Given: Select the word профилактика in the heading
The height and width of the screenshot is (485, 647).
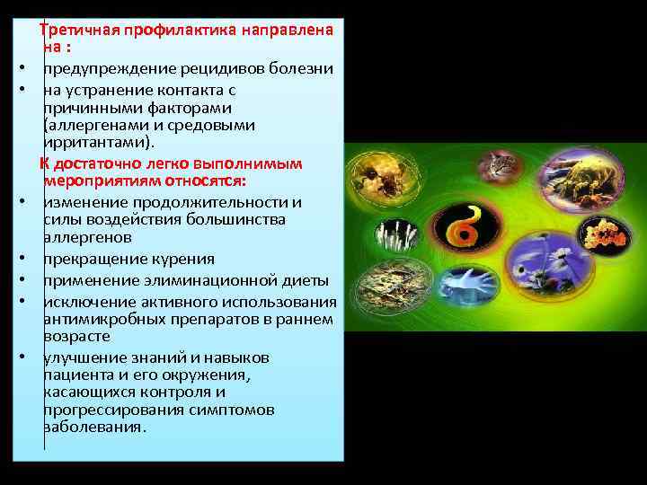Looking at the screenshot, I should click(x=176, y=30).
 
